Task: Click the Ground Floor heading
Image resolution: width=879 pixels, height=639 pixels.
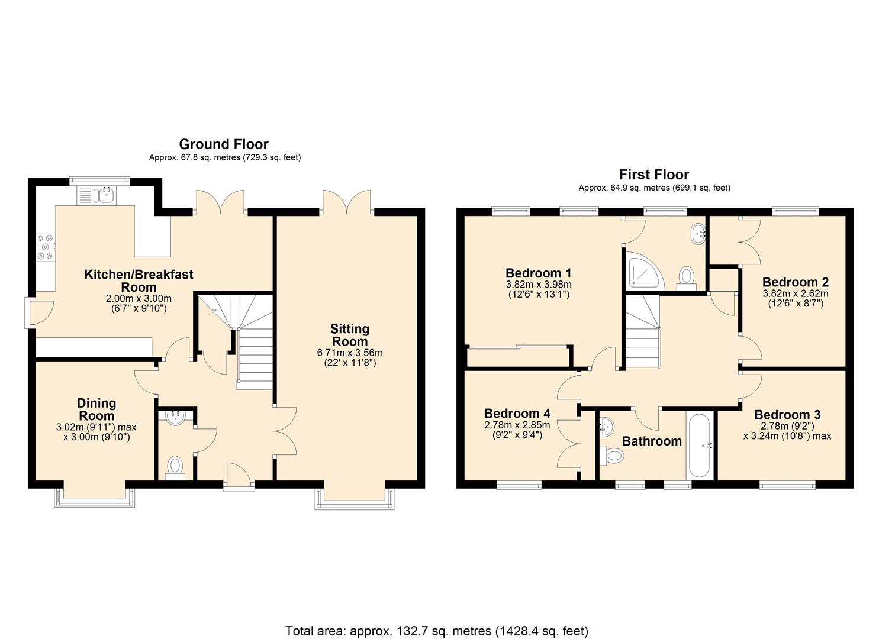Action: tap(224, 144)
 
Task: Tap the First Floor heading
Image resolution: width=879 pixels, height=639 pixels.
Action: tap(654, 175)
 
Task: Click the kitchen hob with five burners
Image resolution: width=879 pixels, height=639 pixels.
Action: tap(46, 246)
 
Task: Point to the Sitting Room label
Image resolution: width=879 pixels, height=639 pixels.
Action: tap(350, 335)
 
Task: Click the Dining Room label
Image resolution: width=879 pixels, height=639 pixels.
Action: tap(96, 409)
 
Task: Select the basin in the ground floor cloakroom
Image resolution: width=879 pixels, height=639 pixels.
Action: tap(176, 418)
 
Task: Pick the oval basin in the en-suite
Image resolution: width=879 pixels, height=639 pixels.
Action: tap(697, 234)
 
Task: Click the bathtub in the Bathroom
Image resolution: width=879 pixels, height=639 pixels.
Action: tap(699, 445)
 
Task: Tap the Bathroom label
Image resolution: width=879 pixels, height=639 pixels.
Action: tap(652, 441)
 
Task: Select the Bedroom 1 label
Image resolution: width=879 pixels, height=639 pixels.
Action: tap(539, 273)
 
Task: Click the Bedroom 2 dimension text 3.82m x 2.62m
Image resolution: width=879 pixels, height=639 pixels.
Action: tap(796, 293)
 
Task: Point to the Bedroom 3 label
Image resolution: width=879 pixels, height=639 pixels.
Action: tap(787, 415)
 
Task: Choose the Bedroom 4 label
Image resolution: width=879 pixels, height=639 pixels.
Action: tap(517, 413)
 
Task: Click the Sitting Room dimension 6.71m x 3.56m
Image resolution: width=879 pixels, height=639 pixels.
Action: tap(350, 353)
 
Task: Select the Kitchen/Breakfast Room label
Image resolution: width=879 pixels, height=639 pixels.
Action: tap(139, 280)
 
